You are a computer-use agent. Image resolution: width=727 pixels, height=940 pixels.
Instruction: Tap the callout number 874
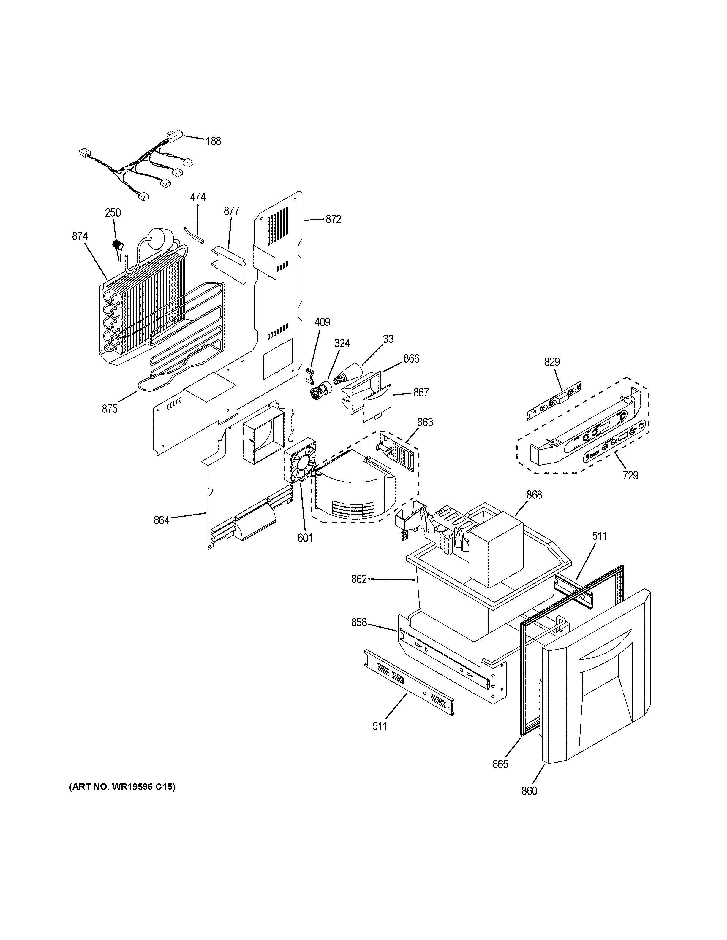click(80, 236)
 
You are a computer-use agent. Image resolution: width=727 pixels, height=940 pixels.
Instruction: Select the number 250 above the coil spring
click(113, 213)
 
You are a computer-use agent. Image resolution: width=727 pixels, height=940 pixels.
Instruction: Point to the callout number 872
click(333, 220)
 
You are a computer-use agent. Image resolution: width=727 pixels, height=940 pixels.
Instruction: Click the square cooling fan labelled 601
click(300, 460)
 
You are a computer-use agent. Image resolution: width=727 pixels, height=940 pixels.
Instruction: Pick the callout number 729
click(630, 476)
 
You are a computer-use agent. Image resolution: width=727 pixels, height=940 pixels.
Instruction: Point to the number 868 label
click(534, 495)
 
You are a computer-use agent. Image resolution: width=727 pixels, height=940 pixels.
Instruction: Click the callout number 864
click(162, 520)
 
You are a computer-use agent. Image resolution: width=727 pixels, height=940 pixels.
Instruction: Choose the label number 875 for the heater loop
click(109, 409)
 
